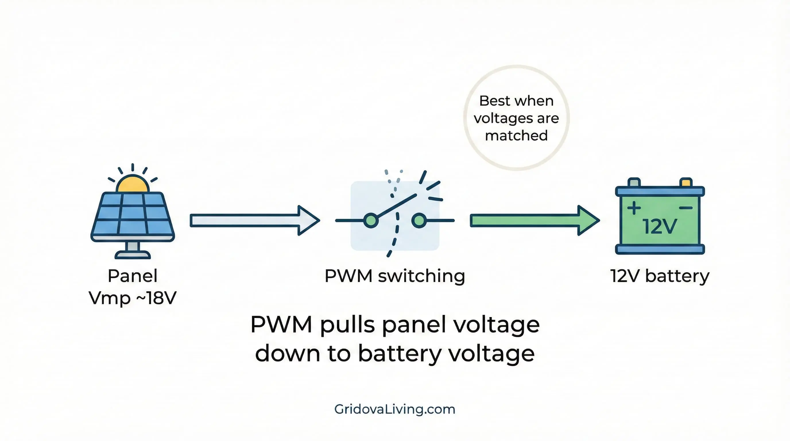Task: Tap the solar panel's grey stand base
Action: coord(133,255)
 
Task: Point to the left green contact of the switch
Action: coord(371,220)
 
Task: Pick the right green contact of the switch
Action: coord(419,220)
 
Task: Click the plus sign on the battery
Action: coord(634,208)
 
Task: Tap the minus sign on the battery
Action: coord(686,208)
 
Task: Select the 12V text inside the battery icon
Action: coord(659,227)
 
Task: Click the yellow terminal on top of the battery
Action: coord(686,183)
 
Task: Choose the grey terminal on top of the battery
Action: coord(634,183)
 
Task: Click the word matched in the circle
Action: coord(516,136)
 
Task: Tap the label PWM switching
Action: coord(395,276)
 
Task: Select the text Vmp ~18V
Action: coord(133,298)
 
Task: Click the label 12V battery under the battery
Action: coord(660,276)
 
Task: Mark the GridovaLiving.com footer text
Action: coord(395,409)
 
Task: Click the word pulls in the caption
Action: coord(347,324)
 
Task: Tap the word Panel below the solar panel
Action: coord(133,276)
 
